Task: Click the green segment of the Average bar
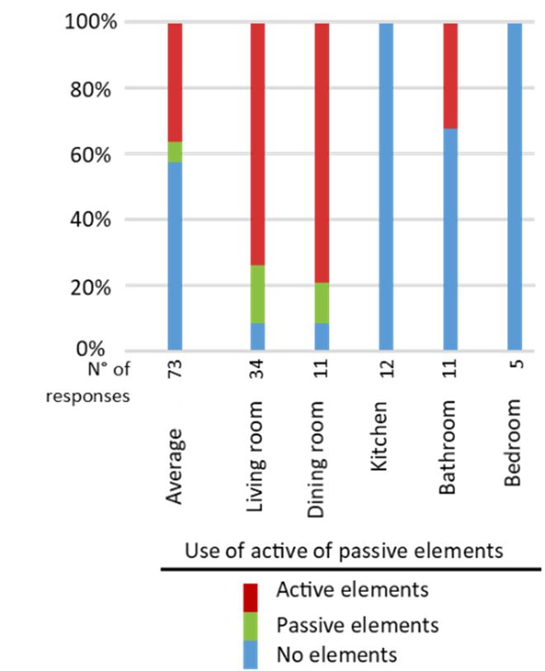175,152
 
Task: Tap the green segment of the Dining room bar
321,303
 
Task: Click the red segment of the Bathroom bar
449,75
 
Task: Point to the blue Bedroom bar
514,186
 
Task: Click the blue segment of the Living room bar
257,336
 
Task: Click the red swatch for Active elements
251,595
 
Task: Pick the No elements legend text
337,655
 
